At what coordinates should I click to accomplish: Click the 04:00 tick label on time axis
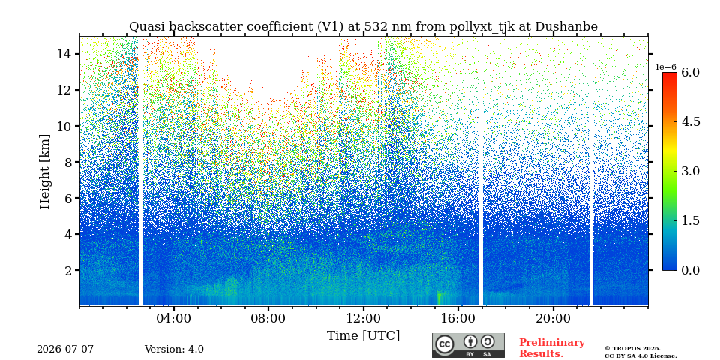(x=174, y=318)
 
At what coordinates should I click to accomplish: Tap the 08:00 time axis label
(x=268, y=318)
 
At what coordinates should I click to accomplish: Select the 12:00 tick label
(x=363, y=318)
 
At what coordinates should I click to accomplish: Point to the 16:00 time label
(x=457, y=318)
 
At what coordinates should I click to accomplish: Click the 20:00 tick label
(x=553, y=318)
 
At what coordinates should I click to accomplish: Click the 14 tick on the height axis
(x=66, y=54)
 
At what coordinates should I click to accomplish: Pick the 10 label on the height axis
(x=66, y=126)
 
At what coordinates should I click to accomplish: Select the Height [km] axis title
(x=44, y=172)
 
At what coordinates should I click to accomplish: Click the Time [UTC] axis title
(x=363, y=336)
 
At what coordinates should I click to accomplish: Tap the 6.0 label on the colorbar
(x=690, y=72)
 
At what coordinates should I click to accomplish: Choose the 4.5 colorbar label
(x=690, y=121)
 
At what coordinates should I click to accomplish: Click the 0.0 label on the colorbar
(x=690, y=270)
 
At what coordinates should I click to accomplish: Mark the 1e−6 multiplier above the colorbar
(x=666, y=67)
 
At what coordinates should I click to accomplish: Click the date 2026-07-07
(x=65, y=349)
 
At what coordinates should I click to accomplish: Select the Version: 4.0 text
(x=174, y=349)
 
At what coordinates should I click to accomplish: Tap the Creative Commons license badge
(x=468, y=345)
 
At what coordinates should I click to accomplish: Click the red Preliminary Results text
(x=552, y=348)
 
